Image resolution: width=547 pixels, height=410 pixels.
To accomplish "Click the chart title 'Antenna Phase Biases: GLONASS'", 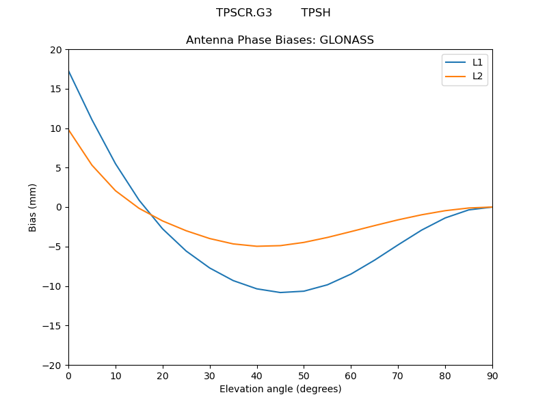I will (280, 40).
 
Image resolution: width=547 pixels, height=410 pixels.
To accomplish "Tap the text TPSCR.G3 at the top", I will (244, 13).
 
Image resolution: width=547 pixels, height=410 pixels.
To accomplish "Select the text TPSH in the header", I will (316, 13).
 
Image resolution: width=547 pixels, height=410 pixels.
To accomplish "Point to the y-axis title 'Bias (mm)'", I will (33, 207).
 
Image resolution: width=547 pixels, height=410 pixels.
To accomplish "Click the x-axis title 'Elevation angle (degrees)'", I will (280, 389).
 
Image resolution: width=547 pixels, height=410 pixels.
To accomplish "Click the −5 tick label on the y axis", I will (54, 247).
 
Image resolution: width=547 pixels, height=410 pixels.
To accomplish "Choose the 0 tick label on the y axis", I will (59, 207).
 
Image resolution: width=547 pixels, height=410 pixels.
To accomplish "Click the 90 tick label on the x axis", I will (492, 375).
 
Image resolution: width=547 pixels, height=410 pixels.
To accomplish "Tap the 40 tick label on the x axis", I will (257, 375).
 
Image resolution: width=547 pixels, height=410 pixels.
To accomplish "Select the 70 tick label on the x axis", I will (398, 375).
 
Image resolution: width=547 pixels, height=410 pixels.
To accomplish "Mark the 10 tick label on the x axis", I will (116, 375).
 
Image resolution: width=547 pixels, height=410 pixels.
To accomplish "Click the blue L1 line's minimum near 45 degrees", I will (280, 292).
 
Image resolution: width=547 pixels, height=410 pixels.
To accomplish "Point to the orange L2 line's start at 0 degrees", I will (69, 131).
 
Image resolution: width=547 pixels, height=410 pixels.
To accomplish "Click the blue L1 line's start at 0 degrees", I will (69, 71).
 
